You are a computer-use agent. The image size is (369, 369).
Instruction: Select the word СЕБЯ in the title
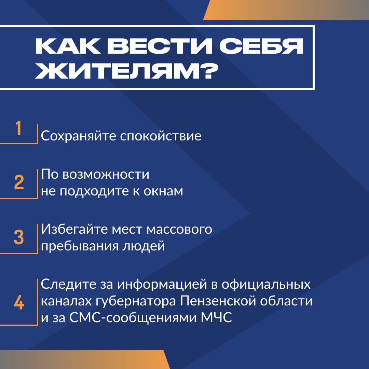pyautogui.click(x=261, y=46)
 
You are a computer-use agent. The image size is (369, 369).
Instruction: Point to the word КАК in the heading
pyautogui.click(x=68, y=46)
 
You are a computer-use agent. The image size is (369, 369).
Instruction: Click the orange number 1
pyautogui.click(x=18, y=128)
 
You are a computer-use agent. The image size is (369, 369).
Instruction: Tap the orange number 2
pyautogui.click(x=19, y=182)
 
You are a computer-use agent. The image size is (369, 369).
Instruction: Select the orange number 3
pyautogui.click(x=19, y=237)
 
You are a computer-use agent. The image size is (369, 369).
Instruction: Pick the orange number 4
pyautogui.click(x=19, y=302)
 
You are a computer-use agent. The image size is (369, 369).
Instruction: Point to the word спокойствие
pyautogui.click(x=161, y=136)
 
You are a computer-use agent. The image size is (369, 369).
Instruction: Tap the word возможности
pyautogui.click(x=106, y=175)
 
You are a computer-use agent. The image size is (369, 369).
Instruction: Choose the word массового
pyautogui.click(x=179, y=230)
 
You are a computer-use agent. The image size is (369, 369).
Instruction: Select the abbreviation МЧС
pyautogui.click(x=217, y=318)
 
